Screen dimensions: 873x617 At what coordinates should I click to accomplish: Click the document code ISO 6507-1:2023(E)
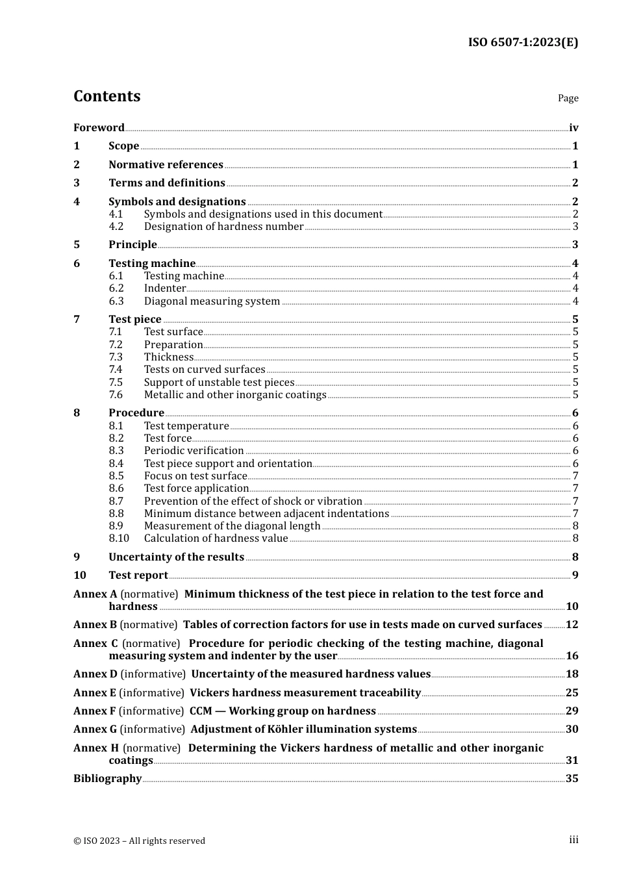[523, 42]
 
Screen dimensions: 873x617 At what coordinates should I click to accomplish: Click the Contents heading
[107, 96]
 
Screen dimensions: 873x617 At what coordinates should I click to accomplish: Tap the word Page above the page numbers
[568, 98]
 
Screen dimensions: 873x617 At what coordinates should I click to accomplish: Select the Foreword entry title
[99, 127]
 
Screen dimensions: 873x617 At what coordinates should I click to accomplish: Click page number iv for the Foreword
[573, 128]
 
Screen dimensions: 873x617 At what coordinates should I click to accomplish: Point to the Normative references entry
[166, 165]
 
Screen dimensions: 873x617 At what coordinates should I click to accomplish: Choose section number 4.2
[116, 227]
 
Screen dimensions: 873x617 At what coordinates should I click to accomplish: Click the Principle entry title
[132, 245]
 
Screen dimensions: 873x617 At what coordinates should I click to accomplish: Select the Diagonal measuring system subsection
[212, 301]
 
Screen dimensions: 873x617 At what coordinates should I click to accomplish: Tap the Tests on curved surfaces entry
[205, 370]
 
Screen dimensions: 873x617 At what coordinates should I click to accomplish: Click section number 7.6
[116, 395]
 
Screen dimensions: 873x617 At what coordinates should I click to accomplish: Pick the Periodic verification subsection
[194, 451]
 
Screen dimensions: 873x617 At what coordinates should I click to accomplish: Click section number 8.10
[119, 538]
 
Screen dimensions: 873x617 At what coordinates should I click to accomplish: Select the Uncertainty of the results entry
[176, 557]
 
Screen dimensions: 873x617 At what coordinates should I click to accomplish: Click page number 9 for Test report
[575, 576]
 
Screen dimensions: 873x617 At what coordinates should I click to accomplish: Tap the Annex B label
[95, 625]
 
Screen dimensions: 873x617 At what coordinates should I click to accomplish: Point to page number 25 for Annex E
[572, 693]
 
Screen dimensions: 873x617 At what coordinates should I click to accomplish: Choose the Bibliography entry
[107, 779]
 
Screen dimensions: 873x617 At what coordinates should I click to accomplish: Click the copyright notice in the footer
[139, 841]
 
